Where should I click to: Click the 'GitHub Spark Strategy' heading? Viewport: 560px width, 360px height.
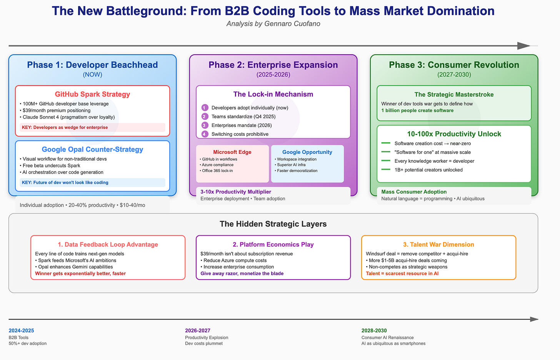pos(92,94)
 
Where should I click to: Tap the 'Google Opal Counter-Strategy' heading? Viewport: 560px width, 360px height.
pos(92,149)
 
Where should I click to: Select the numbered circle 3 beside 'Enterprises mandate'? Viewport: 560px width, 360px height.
pos(205,125)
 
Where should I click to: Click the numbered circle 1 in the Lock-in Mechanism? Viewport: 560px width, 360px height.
pos(205,108)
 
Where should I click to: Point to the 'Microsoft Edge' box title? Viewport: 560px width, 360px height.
pos(232,152)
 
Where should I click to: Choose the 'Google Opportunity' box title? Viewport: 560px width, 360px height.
pos(307,152)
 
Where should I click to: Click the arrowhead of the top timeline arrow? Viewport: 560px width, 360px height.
pos(524,46)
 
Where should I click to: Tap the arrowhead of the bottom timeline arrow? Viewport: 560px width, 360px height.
pos(534,319)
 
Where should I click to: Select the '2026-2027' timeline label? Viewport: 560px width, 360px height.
pos(198,330)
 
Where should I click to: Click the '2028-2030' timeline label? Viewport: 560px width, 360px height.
pos(374,330)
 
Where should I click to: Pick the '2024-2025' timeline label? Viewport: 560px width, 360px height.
pos(21,330)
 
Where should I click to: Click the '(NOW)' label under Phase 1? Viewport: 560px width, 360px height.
pos(92,75)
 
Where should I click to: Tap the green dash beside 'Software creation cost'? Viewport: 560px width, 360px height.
pos(385,143)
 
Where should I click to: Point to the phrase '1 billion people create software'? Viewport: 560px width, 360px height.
pos(417,110)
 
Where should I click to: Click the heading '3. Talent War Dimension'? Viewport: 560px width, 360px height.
pos(438,245)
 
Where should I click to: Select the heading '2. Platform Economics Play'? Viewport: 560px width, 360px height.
pos(273,245)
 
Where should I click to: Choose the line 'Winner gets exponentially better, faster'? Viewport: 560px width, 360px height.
pos(80,273)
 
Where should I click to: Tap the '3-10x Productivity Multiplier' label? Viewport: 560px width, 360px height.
pos(236,192)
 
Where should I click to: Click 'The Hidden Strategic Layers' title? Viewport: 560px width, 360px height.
pos(273,224)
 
